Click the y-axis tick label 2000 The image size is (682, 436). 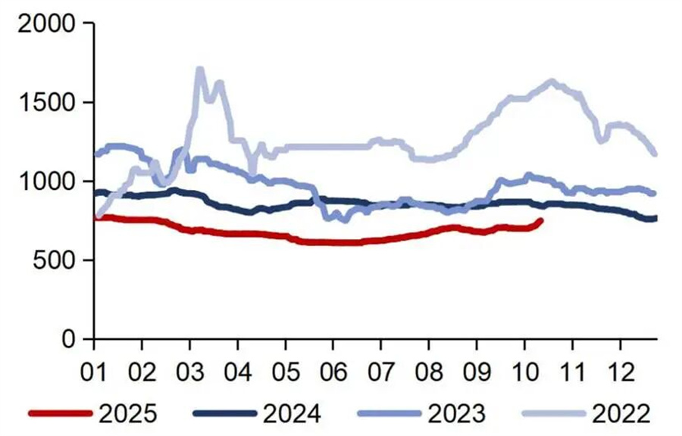point(46,23)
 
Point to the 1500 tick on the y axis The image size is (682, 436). point(46,102)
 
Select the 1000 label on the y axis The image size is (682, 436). point(46,182)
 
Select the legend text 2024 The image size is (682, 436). point(291,413)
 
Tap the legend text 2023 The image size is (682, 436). point(456,413)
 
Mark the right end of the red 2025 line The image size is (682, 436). point(540,220)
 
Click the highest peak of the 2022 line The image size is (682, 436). point(199,70)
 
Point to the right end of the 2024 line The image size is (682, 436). point(655,219)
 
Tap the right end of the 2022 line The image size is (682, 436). point(655,154)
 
